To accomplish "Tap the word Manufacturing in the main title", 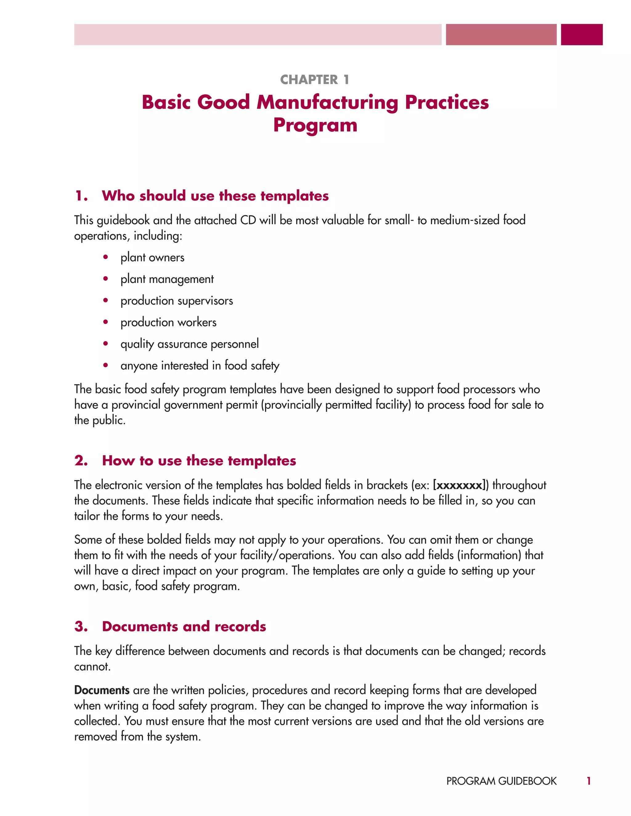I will (327, 102).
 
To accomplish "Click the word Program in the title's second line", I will (315, 125).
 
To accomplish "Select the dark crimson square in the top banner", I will (581, 35).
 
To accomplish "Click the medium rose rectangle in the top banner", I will (501, 35).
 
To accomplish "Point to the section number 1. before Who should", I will (81, 196).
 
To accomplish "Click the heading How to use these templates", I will (199, 461).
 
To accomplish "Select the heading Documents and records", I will (184, 627).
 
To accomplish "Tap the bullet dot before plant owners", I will (106, 257).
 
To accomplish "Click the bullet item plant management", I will (167, 279).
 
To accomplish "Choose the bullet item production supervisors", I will (177, 301).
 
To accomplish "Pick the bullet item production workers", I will (168, 322).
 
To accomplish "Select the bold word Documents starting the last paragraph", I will (102, 690).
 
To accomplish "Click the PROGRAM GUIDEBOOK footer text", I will (501, 781).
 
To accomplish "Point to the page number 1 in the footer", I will (588, 781).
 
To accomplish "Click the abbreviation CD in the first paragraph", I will (248, 220).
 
